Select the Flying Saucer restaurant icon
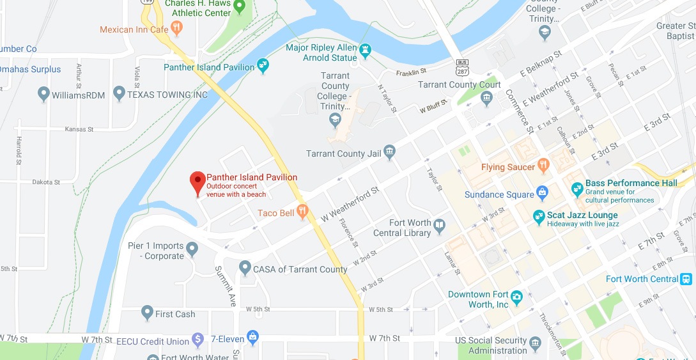pyautogui.click(x=543, y=166)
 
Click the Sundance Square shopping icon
pyautogui.click(x=543, y=192)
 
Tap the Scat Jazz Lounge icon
pyautogui.click(x=538, y=217)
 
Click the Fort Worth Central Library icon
pyautogui.click(x=439, y=225)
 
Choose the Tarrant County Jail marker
pyautogui.click(x=389, y=152)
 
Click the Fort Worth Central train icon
pyautogui.click(x=686, y=279)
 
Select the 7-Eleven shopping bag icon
pyautogui.click(x=252, y=336)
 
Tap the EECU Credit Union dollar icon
pyautogui.click(x=198, y=339)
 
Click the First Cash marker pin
pyautogui.click(x=147, y=313)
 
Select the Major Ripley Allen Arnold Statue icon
pyautogui.click(x=365, y=49)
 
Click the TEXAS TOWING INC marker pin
pyautogui.click(x=118, y=95)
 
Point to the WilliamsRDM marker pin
pyautogui.click(x=43, y=95)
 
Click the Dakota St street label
pyautogui.click(x=45, y=182)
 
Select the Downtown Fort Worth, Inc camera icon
pyautogui.click(x=516, y=297)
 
